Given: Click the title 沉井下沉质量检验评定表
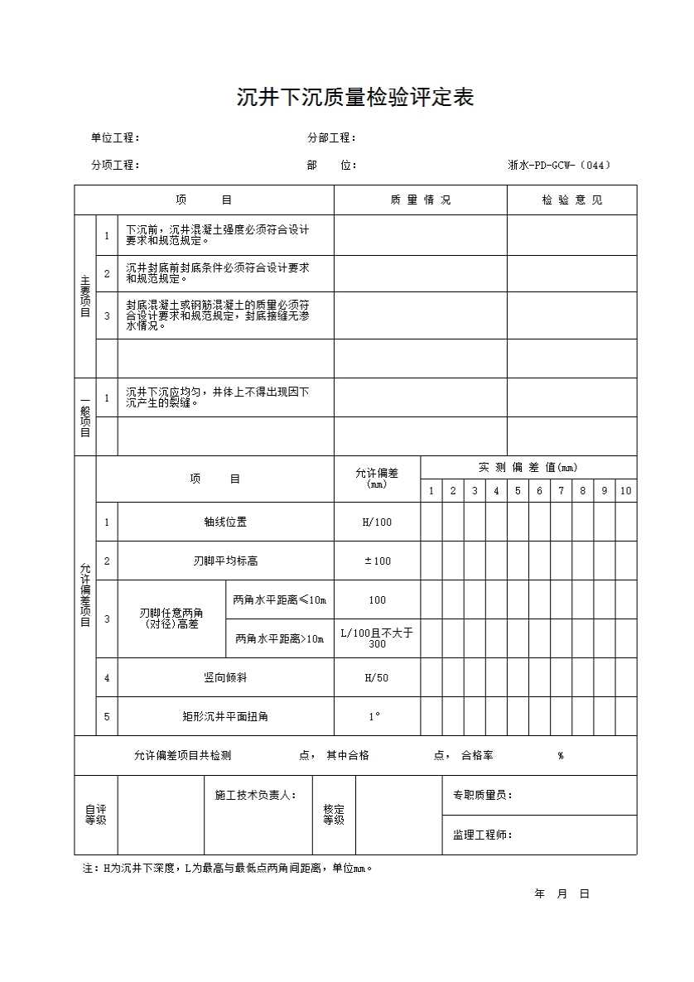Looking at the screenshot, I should click(x=354, y=98).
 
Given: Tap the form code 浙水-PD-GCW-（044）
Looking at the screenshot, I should click(x=559, y=165).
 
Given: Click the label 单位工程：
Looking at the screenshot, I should click(x=115, y=137).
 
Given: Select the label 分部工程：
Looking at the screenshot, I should click(x=331, y=137).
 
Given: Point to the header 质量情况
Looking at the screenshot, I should click(x=420, y=200).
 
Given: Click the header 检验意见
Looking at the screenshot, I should click(x=572, y=200).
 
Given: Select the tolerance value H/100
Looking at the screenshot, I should click(x=377, y=522).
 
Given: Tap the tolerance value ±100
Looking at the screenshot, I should click(x=377, y=561).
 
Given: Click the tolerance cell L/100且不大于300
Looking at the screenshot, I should click(x=377, y=638).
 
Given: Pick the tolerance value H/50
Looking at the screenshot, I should click(x=377, y=678).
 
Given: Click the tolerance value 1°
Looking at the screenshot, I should click(x=375, y=716).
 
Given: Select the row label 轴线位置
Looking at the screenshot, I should click(x=225, y=522).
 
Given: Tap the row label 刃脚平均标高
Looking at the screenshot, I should click(x=225, y=561).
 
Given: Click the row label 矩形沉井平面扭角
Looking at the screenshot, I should click(x=225, y=716).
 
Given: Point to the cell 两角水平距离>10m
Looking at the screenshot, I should click(x=280, y=638).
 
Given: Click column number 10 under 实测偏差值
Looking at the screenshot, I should click(x=625, y=491).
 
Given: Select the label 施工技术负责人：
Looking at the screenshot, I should click(x=255, y=795).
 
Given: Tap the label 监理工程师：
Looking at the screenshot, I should click(x=482, y=835).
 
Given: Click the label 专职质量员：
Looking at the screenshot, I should click(x=482, y=795).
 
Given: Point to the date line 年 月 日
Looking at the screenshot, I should click(x=561, y=894).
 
